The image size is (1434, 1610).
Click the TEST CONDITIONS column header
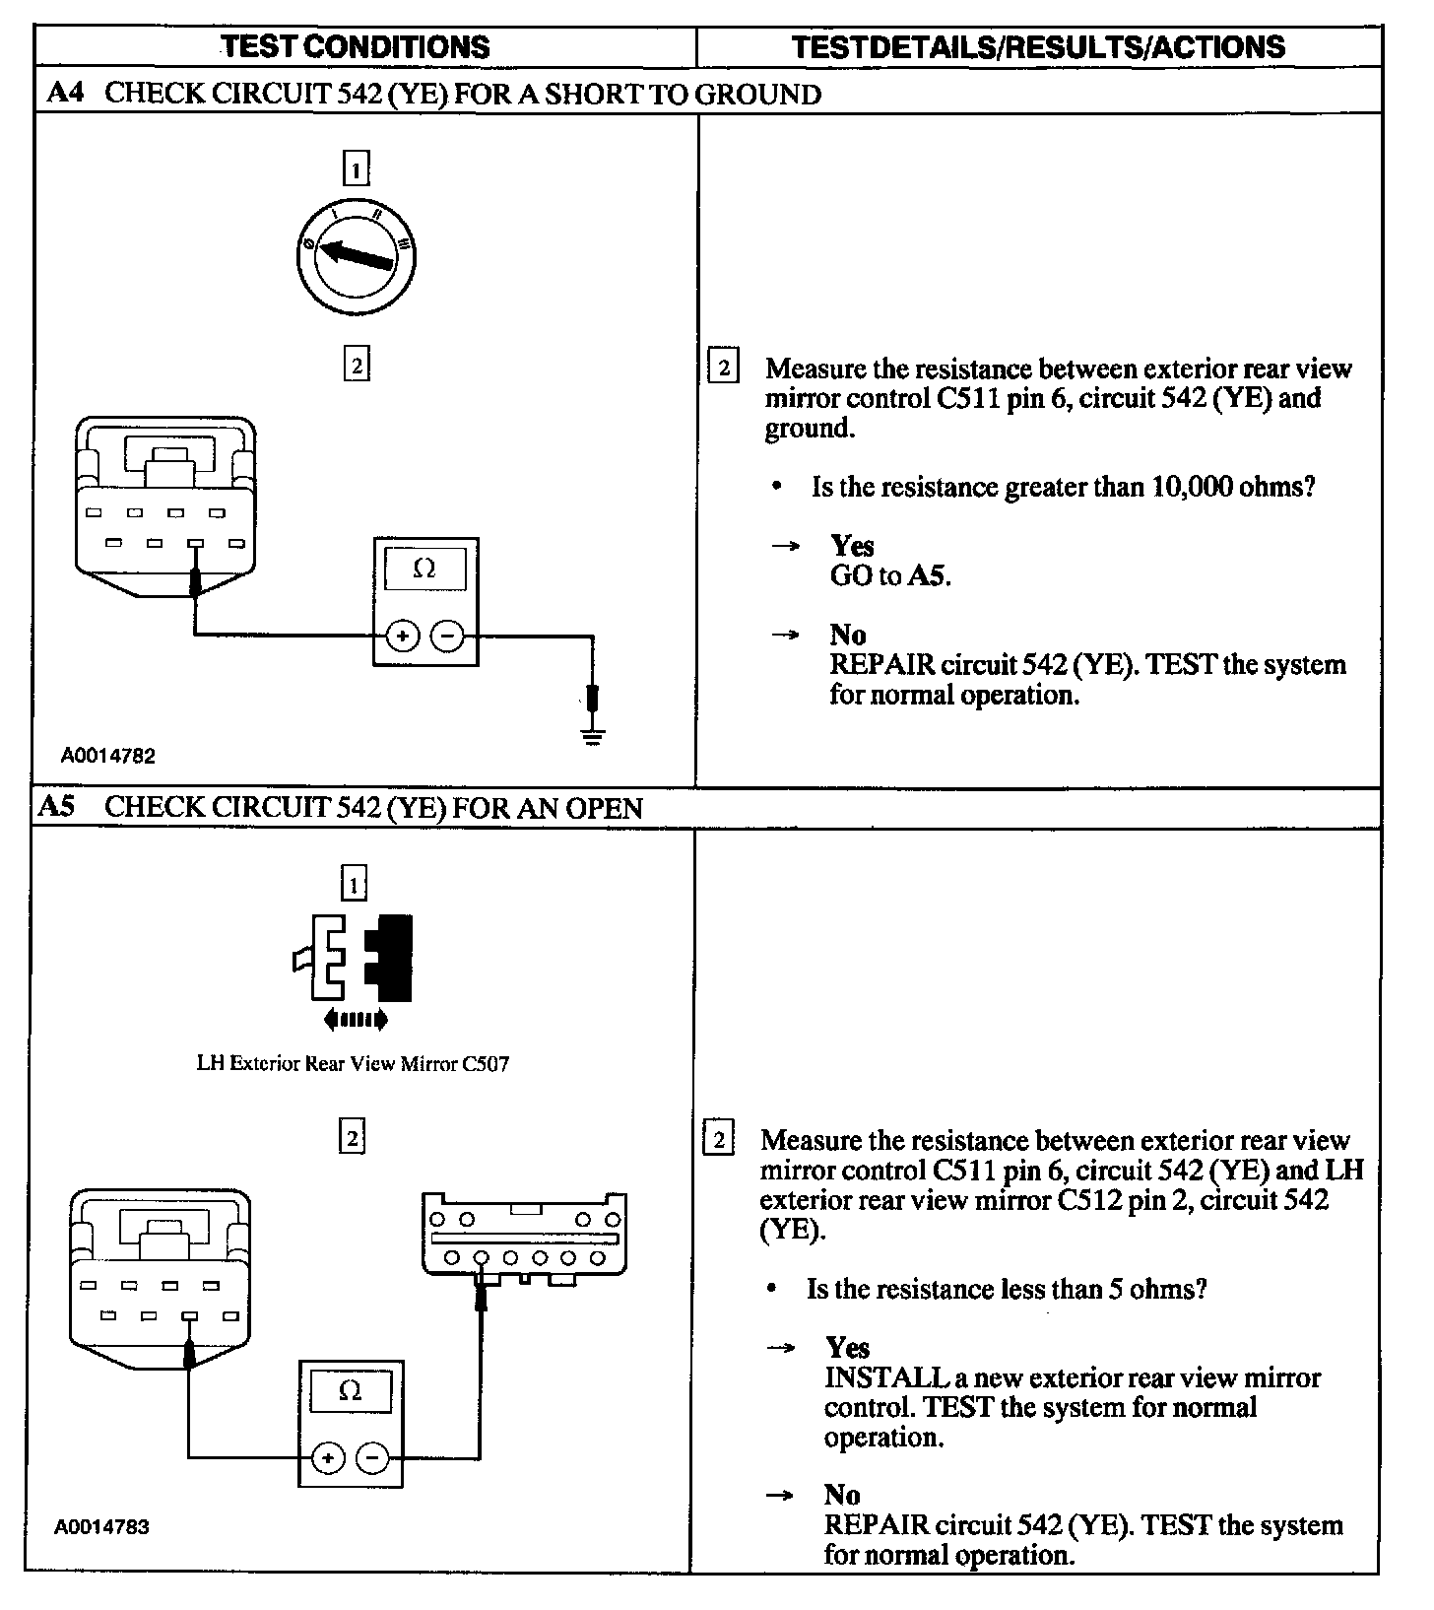point(355,46)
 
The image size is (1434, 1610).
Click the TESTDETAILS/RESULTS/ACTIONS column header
point(1038,46)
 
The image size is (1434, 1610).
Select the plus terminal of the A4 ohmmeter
point(402,637)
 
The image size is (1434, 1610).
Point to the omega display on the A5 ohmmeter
point(350,1390)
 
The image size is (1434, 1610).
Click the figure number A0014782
point(108,756)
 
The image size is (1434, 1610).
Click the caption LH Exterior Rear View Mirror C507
point(353,1063)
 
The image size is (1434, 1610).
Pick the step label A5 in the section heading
point(57,807)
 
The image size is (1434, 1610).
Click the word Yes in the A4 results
point(852,545)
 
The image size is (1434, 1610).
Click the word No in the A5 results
point(842,1495)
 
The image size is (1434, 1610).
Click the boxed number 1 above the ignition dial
point(356,168)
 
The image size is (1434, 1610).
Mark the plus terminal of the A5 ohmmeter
point(327,1457)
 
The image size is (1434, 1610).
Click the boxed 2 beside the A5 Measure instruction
point(718,1140)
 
